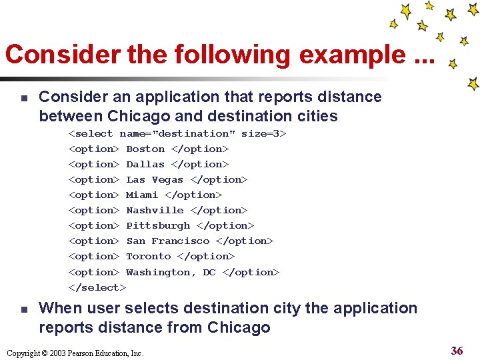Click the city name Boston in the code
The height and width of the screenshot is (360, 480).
pos(145,149)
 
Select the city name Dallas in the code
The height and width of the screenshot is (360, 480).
pos(145,165)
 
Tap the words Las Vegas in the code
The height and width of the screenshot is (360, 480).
pos(155,180)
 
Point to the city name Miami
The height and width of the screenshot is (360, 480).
pos(142,195)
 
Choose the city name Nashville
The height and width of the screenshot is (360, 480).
pos(155,211)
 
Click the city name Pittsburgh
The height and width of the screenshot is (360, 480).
pos(158,226)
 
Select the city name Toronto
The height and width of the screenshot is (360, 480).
pos(149,257)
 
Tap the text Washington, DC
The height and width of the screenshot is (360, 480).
pos(171,272)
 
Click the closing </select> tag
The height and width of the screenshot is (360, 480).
pos(97,287)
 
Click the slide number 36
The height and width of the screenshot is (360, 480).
pos(457,351)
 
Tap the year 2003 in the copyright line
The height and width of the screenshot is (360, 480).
pos(55,353)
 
